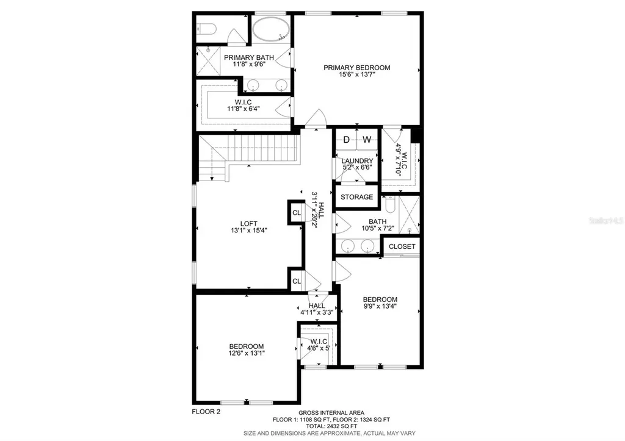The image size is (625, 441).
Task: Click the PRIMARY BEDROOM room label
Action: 357,68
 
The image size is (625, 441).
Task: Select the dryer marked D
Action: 346,140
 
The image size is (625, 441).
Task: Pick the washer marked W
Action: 367,140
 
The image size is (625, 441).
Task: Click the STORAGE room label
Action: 356,197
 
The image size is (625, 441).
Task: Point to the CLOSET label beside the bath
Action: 402,246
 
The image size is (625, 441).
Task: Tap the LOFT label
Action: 248,223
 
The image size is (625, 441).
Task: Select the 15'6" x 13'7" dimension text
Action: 357,76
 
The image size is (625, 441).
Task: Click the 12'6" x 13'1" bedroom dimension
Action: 247,353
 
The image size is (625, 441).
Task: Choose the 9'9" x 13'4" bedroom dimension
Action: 380,307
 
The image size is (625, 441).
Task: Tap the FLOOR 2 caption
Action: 202,412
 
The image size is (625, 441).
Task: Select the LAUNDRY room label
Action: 357,161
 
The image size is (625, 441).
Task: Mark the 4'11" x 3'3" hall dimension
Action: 316,312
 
